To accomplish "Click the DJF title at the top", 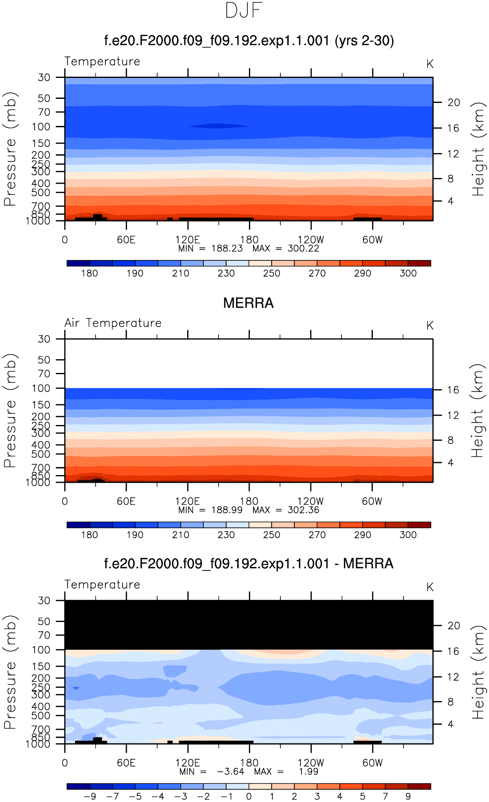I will (x=244, y=11).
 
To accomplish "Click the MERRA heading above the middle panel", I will (x=248, y=303).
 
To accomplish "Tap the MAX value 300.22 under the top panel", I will (x=303, y=249).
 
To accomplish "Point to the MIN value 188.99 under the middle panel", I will (x=227, y=510).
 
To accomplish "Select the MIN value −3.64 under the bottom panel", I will (x=230, y=772).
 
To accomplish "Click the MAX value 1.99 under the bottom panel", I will (x=309, y=772).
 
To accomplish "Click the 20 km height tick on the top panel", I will (x=453, y=103).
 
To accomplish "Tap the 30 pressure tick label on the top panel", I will (x=44, y=77).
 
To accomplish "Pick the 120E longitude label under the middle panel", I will (x=188, y=501).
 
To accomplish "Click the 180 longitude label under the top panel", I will (x=249, y=240).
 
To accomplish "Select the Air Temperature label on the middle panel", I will (x=113, y=323).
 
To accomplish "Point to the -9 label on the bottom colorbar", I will (x=90, y=796).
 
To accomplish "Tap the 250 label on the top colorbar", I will (x=272, y=273).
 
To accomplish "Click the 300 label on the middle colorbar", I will (x=408, y=535).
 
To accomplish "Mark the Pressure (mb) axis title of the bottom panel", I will (x=10, y=672).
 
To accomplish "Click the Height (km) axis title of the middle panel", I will (x=478, y=411).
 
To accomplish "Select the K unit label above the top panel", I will (x=430, y=64).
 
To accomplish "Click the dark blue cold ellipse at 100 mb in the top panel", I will (x=219, y=126).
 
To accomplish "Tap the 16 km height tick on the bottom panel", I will (x=453, y=651).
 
